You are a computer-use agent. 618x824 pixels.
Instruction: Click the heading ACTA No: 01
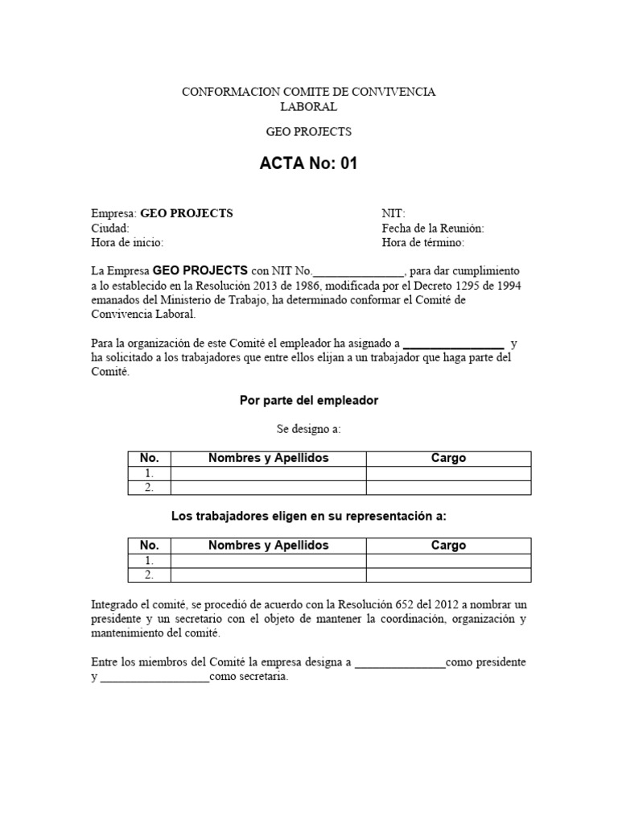click(x=308, y=164)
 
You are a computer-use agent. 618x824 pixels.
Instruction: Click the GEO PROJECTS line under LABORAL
click(x=308, y=131)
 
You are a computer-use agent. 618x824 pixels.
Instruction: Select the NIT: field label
click(x=393, y=213)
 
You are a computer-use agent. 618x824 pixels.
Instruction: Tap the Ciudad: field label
click(x=110, y=228)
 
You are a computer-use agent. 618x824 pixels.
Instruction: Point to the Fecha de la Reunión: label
click(x=433, y=228)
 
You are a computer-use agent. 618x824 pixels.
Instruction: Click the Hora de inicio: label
click(x=127, y=242)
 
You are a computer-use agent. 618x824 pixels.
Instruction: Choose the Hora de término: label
click(x=423, y=242)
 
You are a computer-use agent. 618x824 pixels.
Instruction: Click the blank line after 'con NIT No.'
click(x=358, y=271)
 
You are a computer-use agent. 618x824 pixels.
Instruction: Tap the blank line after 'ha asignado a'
click(x=453, y=344)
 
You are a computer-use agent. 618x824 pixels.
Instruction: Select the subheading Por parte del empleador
click(x=309, y=400)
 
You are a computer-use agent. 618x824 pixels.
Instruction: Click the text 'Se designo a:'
click(x=308, y=429)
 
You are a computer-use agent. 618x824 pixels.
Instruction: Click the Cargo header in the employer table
click(x=448, y=458)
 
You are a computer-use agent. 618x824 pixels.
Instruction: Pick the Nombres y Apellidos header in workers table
click(x=268, y=545)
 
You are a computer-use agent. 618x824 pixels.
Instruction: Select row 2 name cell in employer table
click(x=268, y=487)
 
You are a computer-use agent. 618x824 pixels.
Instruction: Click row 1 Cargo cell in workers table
click(x=448, y=560)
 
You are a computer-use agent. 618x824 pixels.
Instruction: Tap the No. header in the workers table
click(x=150, y=545)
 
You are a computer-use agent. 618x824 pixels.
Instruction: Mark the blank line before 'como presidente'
click(x=400, y=663)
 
